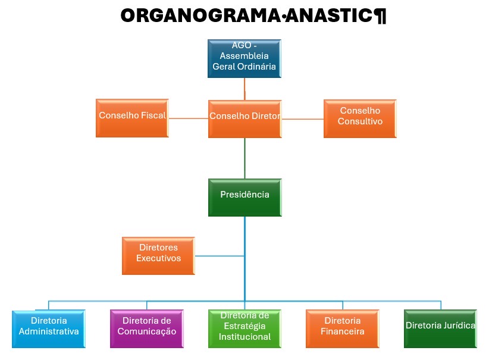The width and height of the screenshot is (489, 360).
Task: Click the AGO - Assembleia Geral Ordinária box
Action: point(244,58)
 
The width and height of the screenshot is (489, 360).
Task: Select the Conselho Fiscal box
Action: point(132,118)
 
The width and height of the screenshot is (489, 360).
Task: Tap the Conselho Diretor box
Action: point(245,119)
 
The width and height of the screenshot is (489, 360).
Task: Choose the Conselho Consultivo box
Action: point(360,118)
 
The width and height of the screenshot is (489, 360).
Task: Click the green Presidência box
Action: point(245,198)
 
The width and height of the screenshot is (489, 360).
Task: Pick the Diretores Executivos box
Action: point(158,256)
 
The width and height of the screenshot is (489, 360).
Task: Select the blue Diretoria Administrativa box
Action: point(49,329)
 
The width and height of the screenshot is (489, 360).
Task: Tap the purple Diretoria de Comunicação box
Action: point(147,329)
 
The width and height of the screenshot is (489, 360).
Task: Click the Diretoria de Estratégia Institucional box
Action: point(245,329)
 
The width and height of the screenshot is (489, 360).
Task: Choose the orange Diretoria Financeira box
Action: point(343,329)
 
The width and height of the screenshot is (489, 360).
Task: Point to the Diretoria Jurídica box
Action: point(440,329)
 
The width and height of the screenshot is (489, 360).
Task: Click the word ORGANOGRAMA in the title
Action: point(200,15)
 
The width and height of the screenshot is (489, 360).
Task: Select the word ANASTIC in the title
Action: point(329,15)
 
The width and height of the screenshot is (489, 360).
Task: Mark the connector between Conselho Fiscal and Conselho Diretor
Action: point(189,118)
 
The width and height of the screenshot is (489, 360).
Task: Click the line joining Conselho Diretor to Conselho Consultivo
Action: point(303,119)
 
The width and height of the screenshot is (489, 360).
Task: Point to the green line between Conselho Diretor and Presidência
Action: point(245,158)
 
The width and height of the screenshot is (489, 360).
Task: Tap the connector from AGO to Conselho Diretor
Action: point(245,89)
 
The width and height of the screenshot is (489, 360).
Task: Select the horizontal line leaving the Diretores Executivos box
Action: point(220,256)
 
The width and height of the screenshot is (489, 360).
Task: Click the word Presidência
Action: point(245,195)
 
